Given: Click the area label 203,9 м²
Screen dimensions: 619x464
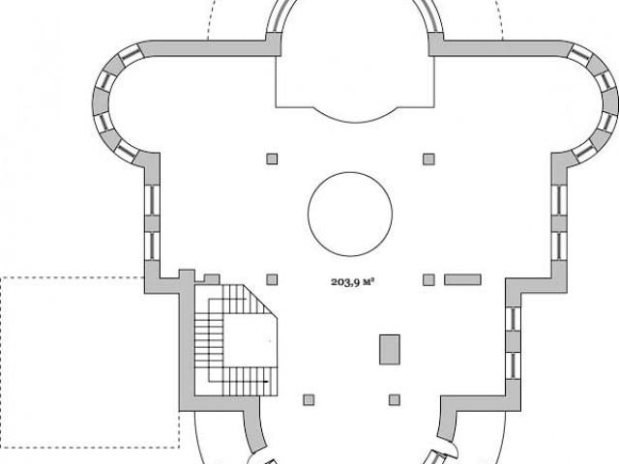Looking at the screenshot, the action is [x=352, y=282].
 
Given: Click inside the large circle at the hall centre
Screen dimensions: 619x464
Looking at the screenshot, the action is [x=350, y=214].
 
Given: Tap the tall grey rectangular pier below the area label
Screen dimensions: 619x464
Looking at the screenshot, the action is [x=390, y=350].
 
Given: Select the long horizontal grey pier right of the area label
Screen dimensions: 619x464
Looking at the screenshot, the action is [x=462, y=279].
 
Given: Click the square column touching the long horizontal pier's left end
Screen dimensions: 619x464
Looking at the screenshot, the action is [x=428, y=279].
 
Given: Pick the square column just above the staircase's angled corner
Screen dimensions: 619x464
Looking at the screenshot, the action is [x=272, y=279].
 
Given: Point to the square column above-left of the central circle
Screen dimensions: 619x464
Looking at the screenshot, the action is [x=272, y=159].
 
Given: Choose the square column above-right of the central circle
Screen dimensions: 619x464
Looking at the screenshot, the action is [x=428, y=159].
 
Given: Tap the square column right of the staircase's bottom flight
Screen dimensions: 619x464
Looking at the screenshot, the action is [x=309, y=400].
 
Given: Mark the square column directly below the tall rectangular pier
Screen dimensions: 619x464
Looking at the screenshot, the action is [x=395, y=400].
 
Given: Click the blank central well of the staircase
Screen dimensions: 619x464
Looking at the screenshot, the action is [x=250, y=340].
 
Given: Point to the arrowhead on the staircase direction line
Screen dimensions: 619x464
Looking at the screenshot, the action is [x=266, y=382].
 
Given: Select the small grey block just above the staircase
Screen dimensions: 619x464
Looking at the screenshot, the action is [x=212, y=279].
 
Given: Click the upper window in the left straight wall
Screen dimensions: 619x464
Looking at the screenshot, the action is [x=152, y=200].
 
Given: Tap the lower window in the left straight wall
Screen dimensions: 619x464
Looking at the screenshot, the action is [x=152, y=246].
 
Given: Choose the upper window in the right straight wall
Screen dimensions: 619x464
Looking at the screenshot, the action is [x=559, y=200].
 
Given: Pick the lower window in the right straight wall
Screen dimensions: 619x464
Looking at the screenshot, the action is [x=559, y=246].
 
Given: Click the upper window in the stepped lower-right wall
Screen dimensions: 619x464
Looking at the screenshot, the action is [x=514, y=319].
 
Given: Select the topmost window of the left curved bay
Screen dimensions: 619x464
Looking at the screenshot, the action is [x=130, y=55].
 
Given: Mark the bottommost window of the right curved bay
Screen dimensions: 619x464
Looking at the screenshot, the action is [x=583, y=152].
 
